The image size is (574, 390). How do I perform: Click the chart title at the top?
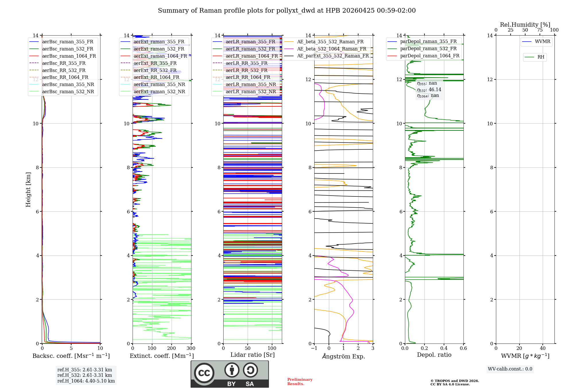[x=287, y=11]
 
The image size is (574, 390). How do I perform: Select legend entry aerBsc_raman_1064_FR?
[x=69, y=56]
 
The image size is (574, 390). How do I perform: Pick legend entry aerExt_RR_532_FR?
[x=155, y=70]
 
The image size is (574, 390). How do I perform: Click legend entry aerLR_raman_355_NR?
[x=251, y=84]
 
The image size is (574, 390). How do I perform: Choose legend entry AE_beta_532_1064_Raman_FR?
[x=331, y=49]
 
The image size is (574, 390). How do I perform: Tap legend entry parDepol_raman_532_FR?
[x=428, y=48]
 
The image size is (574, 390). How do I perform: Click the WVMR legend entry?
[x=542, y=42]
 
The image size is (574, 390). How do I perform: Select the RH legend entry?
[x=541, y=57]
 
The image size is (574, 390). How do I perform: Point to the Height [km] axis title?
[x=28, y=190]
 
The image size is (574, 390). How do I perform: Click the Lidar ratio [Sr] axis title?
[x=253, y=355]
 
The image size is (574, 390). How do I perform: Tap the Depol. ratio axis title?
[x=434, y=355]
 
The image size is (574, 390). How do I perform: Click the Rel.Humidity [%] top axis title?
[x=525, y=25]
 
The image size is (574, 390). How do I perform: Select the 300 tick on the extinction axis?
[x=191, y=348]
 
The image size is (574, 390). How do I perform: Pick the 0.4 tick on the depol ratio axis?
[x=444, y=348]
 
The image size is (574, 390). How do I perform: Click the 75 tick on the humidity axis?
[x=540, y=30]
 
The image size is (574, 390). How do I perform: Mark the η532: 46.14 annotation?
[x=429, y=90]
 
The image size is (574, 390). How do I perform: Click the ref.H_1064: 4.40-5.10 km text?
[x=86, y=381]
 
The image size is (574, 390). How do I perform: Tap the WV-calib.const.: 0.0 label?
[x=510, y=369]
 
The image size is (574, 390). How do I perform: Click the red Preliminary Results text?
[x=300, y=382]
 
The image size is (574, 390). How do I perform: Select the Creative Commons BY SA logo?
[x=230, y=374]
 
